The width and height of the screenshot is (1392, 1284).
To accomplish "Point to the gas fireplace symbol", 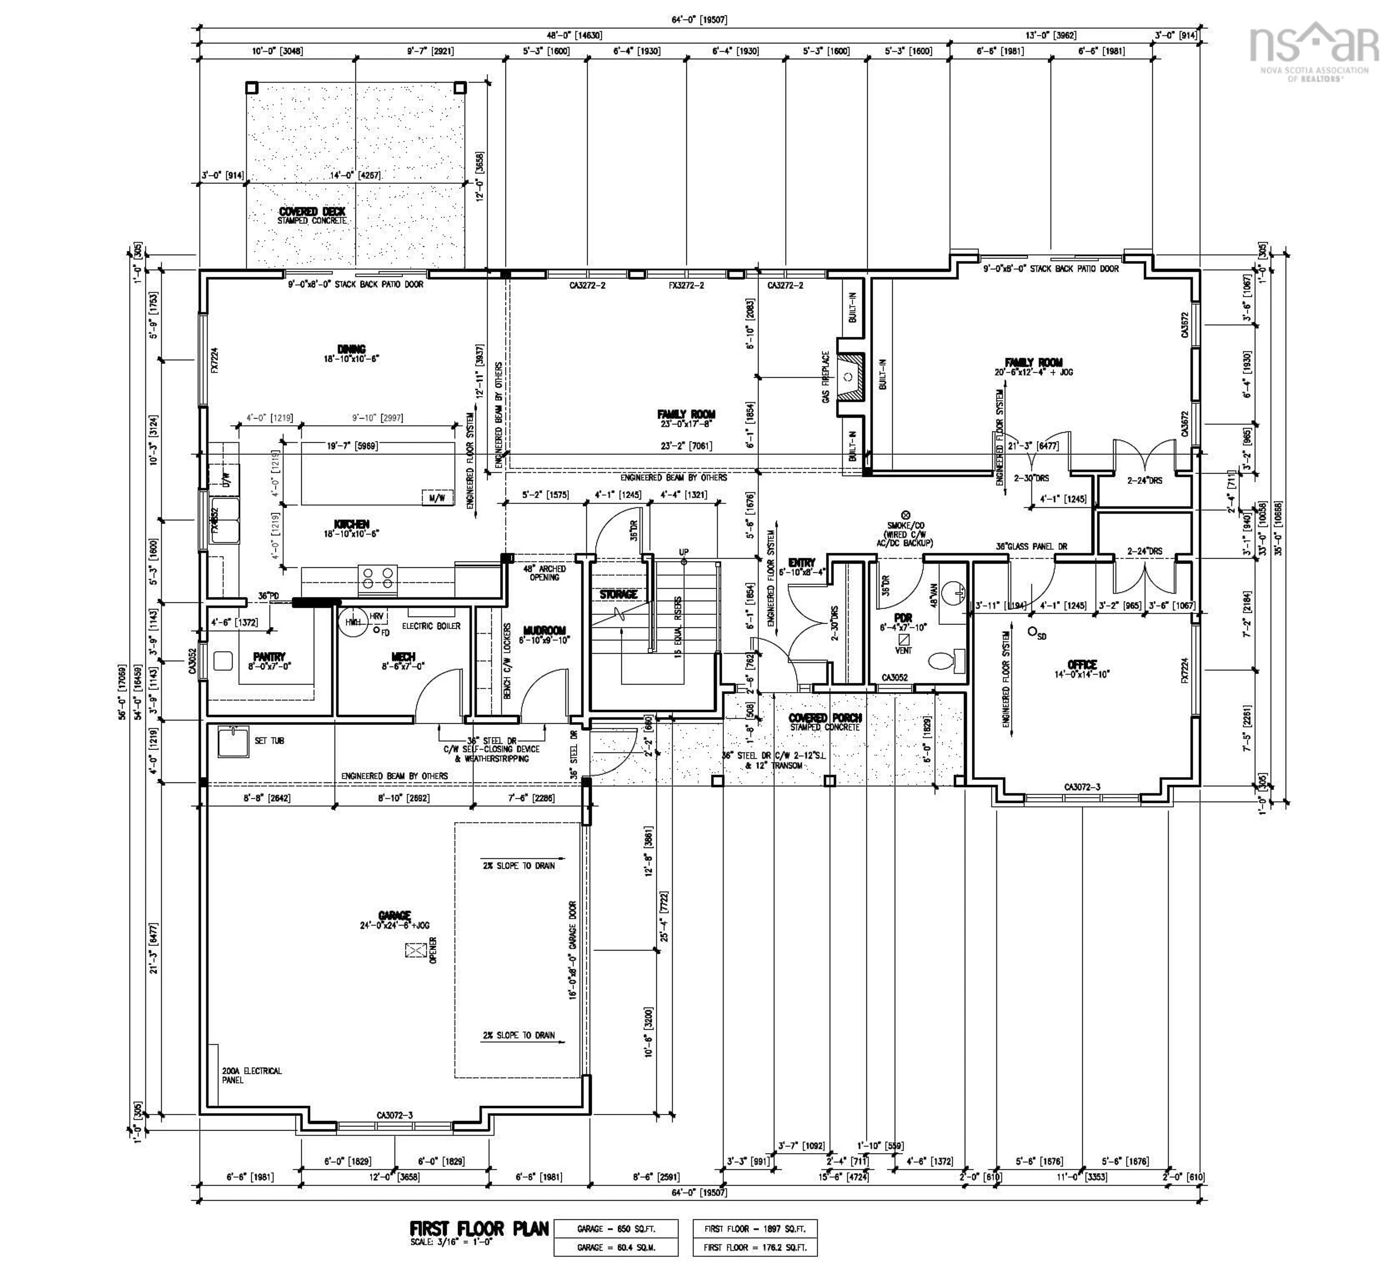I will tap(848, 377).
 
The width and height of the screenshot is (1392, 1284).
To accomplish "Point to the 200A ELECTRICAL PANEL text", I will tap(252, 1075).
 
